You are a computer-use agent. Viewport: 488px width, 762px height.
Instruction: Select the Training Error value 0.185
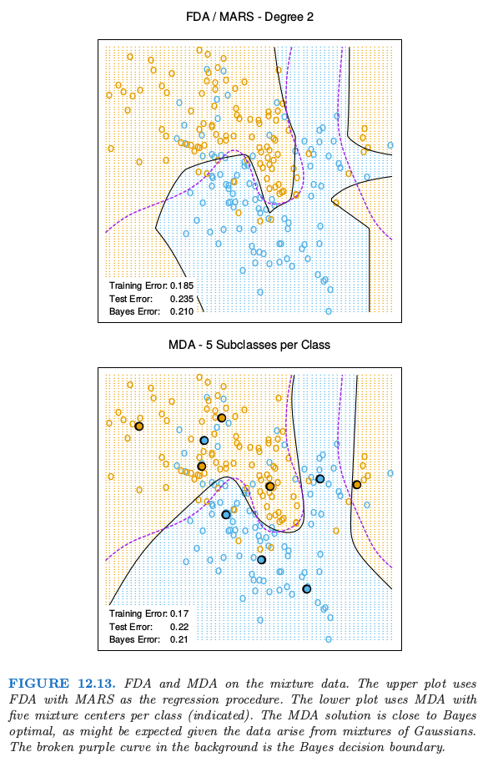tap(182, 285)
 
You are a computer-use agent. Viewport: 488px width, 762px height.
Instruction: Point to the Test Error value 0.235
tap(182, 299)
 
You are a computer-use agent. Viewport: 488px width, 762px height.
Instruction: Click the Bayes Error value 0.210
tap(182, 311)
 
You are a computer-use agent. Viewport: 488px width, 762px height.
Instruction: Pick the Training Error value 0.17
tap(179, 613)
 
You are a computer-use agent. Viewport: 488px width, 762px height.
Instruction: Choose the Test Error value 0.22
tap(179, 627)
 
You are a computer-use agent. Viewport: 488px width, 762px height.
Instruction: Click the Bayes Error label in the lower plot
tap(134, 639)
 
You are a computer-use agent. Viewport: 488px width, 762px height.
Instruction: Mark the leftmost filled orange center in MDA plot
tap(138, 426)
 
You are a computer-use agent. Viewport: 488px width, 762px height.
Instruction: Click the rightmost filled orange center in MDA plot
tap(357, 485)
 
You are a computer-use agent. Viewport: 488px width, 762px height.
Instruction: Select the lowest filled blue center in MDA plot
tap(306, 589)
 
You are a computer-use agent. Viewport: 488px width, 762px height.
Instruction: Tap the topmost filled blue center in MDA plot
tap(204, 441)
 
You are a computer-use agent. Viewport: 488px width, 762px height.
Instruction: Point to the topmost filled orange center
tap(221, 418)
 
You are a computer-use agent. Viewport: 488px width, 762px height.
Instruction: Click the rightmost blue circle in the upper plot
tap(390, 145)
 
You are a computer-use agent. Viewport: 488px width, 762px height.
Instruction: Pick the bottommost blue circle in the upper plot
tap(329, 311)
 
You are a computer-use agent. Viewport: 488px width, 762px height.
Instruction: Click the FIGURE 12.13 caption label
tap(63, 684)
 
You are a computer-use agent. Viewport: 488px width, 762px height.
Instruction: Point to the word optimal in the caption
tap(29, 732)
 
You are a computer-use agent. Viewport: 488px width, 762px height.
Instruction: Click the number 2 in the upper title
tap(309, 17)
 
